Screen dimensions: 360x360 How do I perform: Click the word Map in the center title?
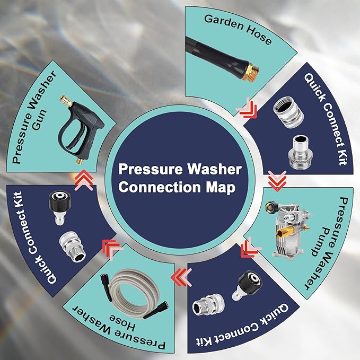point(221,188)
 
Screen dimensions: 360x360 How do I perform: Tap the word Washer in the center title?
point(214,169)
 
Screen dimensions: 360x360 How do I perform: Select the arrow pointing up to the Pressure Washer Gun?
point(84,180)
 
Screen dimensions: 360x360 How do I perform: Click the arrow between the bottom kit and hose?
point(181,277)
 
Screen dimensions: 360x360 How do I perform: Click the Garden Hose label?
point(238,29)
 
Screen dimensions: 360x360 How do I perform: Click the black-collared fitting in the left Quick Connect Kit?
point(59,208)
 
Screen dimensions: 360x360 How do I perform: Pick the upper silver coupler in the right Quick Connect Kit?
point(288,112)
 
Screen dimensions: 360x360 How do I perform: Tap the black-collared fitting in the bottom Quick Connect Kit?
point(248,285)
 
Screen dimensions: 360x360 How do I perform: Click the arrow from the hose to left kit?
point(111,249)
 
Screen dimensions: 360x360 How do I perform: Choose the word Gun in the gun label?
point(39,120)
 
